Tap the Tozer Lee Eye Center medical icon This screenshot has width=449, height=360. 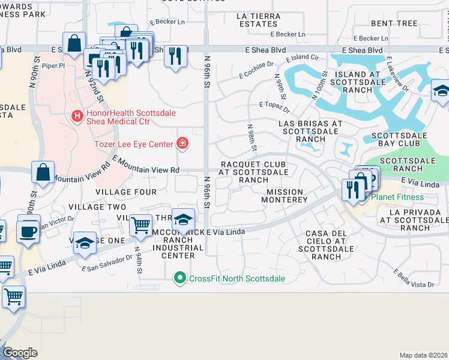coord(181,143)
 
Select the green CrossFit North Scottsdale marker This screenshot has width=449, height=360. coord(178,278)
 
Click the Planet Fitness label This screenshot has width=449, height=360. coord(397,197)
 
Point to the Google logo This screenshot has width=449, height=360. coord(20,353)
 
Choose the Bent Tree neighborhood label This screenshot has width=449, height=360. coord(394,23)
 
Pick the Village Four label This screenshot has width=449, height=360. coord(125,192)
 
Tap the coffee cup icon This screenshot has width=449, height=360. coord(28,231)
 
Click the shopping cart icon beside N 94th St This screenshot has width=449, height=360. coord(140,225)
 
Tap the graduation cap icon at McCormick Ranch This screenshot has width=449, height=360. coord(184,219)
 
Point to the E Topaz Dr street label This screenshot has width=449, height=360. coord(274,107)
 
